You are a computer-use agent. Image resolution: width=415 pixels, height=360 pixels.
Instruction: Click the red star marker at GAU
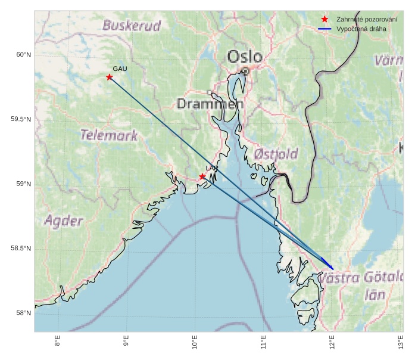(x=110, y=77)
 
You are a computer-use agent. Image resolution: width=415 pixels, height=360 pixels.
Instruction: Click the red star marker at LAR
(x=202, y=176)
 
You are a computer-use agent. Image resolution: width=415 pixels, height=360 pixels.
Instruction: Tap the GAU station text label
(x=120, y=69)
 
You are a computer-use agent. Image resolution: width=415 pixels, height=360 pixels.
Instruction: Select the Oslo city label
(x=245, y=57)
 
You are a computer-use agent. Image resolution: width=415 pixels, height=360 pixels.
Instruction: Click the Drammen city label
(x=210, y=104)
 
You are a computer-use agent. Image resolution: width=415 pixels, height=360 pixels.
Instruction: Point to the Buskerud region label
(x=132, y=26)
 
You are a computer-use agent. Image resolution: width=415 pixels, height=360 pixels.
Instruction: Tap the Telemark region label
(x=109, y=135)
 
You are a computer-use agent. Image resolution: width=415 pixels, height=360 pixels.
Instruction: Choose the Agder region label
(x=64, y=221)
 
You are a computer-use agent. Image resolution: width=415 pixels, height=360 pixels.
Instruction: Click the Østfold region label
(x=276, y=154)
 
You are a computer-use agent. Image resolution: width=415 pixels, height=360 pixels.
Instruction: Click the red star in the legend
(x=324, y=19)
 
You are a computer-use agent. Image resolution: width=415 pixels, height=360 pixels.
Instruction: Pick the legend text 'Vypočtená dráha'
(x=361, y=29)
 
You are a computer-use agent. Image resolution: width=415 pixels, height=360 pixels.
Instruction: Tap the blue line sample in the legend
(x=324, y=29)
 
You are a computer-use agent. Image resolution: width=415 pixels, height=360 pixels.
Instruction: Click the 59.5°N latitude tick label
(x=21, y=119)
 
